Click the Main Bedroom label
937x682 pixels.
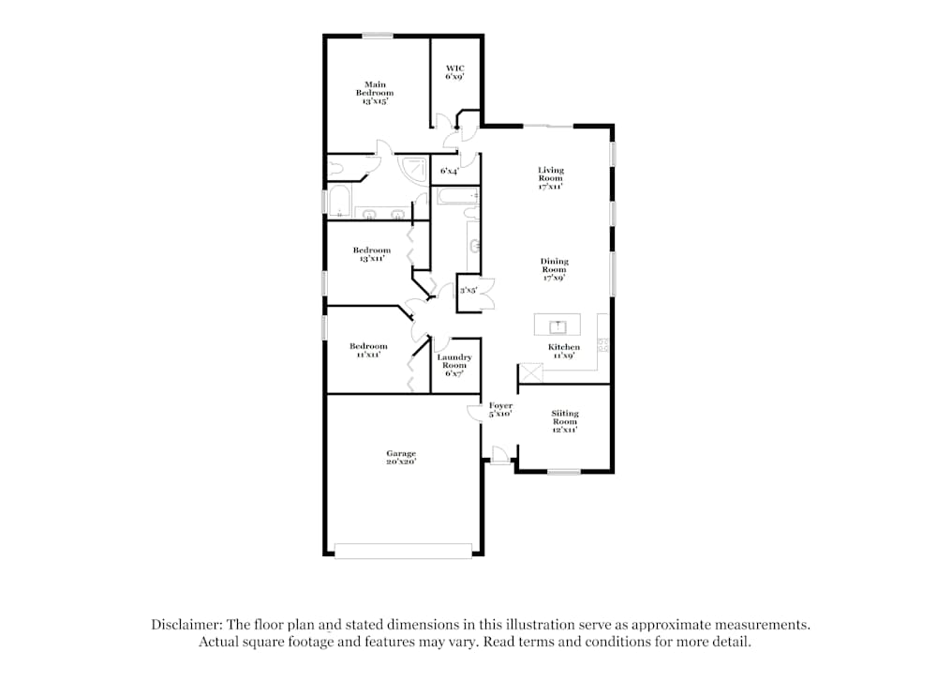pyautogui.click(x=375, y=92)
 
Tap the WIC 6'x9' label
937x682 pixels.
pyautogui.click(x=454, y=72)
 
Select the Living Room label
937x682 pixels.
pyautogui.click(x=550, y=178)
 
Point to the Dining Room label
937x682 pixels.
pyautogui.click(x=554, y=269)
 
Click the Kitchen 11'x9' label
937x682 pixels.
pyautogui.click(x=564, y=352)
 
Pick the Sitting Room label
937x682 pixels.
pyautogui.click(x=564, y=421)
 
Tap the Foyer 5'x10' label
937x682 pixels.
pyautogui.click(x=500, y=409)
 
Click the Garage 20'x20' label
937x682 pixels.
pyautogui.click(x=401, y=458)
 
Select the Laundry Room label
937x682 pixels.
pyautogui.click(x=454, y=365)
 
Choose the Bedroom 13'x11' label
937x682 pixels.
pyautogui.click(x=372, y=254)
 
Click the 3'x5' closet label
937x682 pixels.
pyautogui.click(x=468, y=291)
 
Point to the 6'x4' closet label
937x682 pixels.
pyautogui.click(x=450, y=171)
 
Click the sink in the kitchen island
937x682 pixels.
pyautogui.click(x=558, y=326)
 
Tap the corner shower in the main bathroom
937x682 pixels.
pyautogui.click(x=411, y=169)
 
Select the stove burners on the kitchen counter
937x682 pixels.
pyautogui.click(x=603, y=345)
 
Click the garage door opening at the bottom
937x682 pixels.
pyautogui.click(x=403, y=552)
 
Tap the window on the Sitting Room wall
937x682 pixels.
pyautogui.click(x=564, y=472)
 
